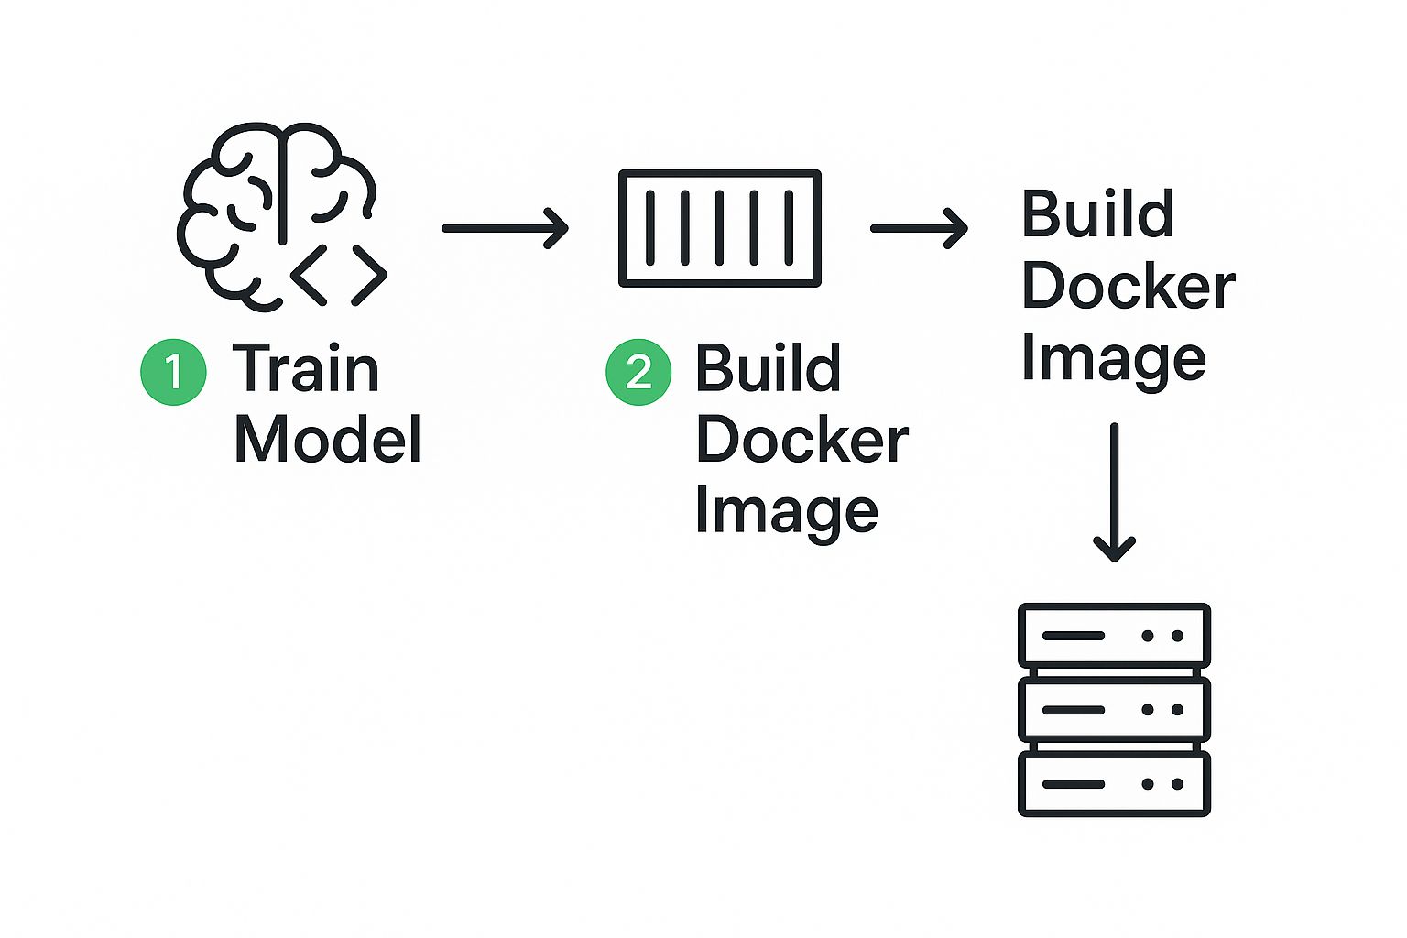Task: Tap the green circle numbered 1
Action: tap(173, 372)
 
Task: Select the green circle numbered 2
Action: tap(638, 372)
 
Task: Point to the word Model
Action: tap(327, 440)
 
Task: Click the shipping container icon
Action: tap(720, 228)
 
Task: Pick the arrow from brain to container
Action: tap(505, 228)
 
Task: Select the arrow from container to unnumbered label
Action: tap(919, 228)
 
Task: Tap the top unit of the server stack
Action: tap(1114, 635)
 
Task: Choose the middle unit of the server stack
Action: tap(1114, 709)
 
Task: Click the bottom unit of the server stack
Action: tap(1114, 783)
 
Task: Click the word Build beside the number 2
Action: tap(768, 368)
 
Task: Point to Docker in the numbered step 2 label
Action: tap(802, 440)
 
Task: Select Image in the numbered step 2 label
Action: tap(786, 511)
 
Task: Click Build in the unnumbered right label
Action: tap(1097, 214)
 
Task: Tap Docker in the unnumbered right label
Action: tap(1128, 286)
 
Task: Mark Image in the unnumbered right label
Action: tap(1113, 358)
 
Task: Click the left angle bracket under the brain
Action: tap(310, 274)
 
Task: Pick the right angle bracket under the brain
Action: tap(368, 274)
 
